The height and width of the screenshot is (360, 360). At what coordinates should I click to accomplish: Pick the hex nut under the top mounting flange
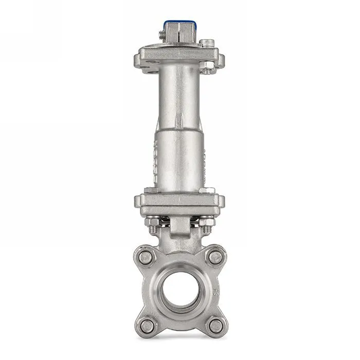[x=205, y=65]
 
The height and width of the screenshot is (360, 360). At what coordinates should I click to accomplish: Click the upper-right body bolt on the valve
[x=215, y=256]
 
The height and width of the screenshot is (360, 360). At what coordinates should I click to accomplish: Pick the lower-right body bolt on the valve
[x=215, y=325]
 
